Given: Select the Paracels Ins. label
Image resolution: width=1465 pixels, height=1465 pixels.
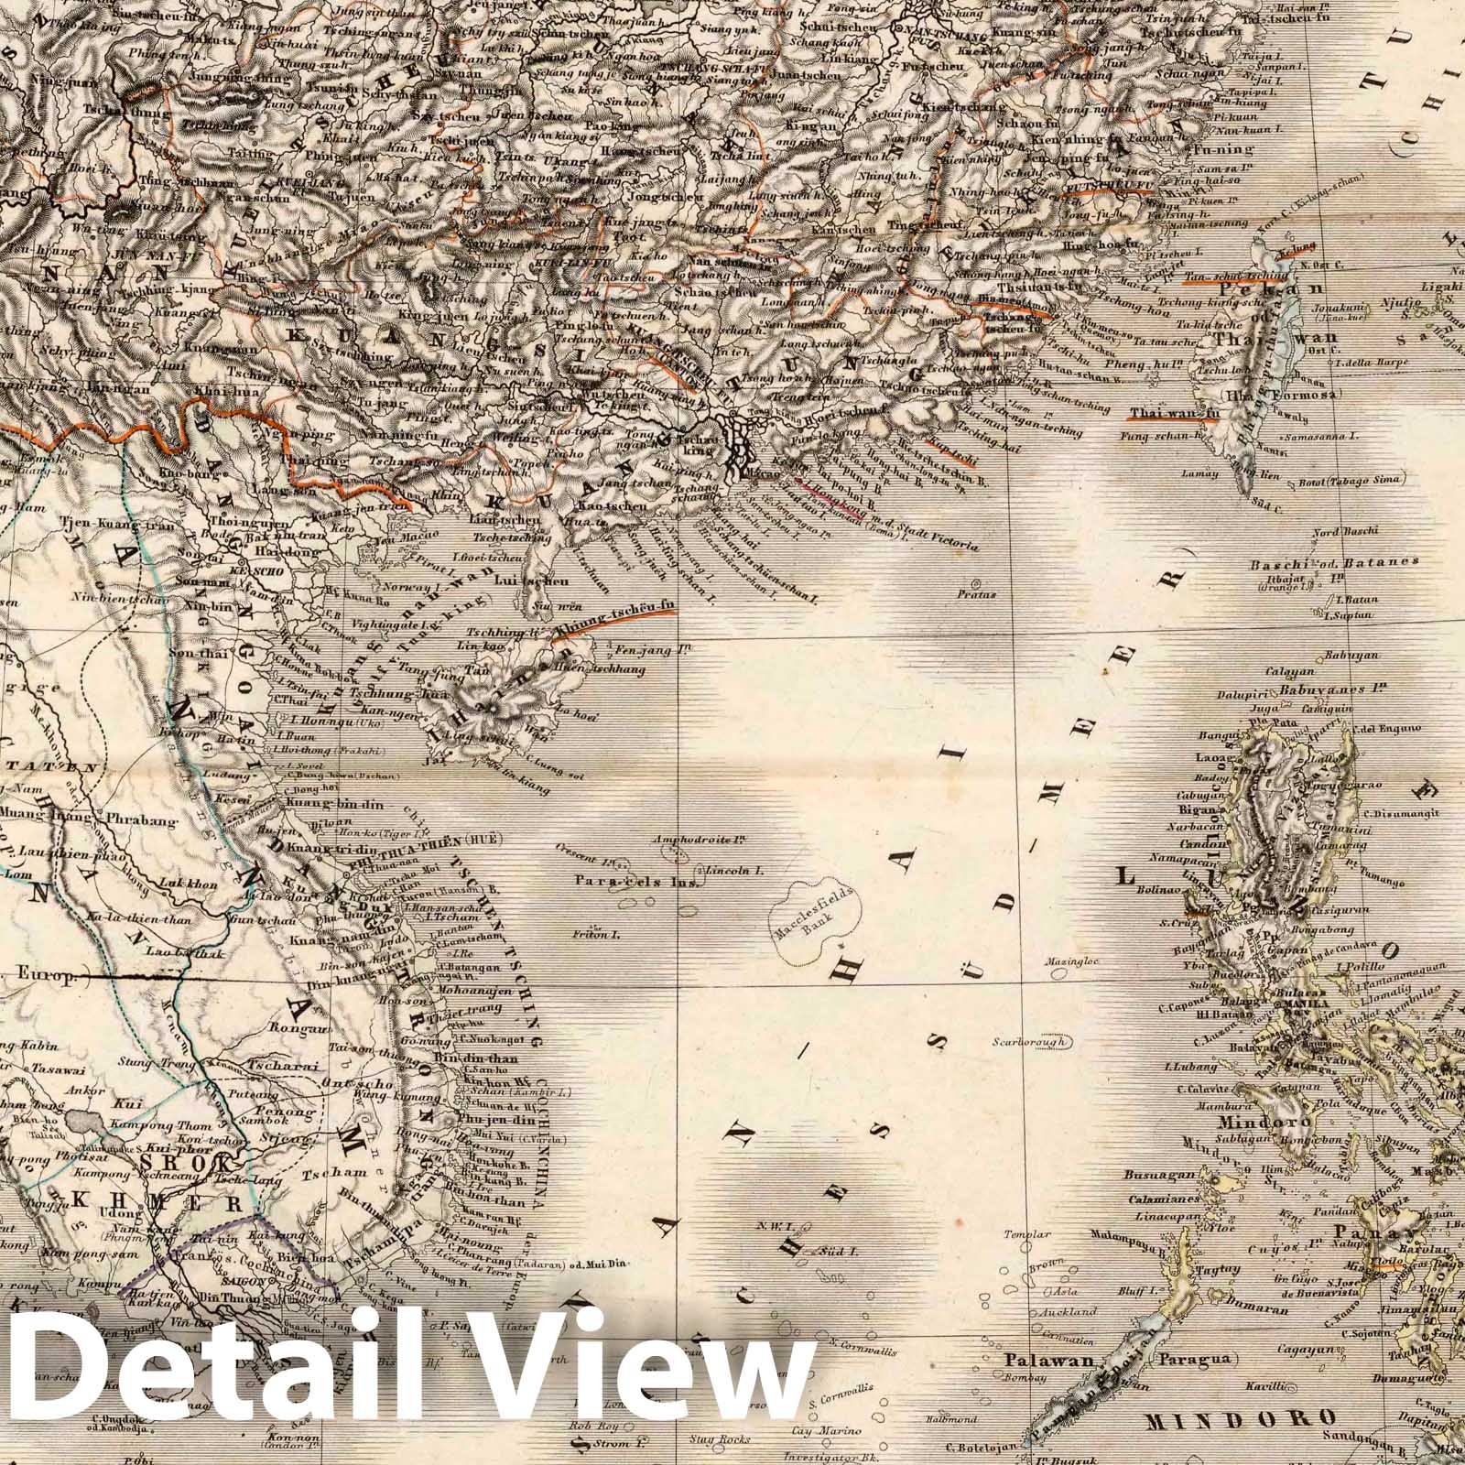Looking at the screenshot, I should [636, 883].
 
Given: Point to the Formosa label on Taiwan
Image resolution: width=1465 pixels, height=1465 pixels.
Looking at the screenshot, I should [1305, 394].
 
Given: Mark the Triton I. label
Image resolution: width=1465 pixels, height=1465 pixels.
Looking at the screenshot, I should [601, 935].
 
